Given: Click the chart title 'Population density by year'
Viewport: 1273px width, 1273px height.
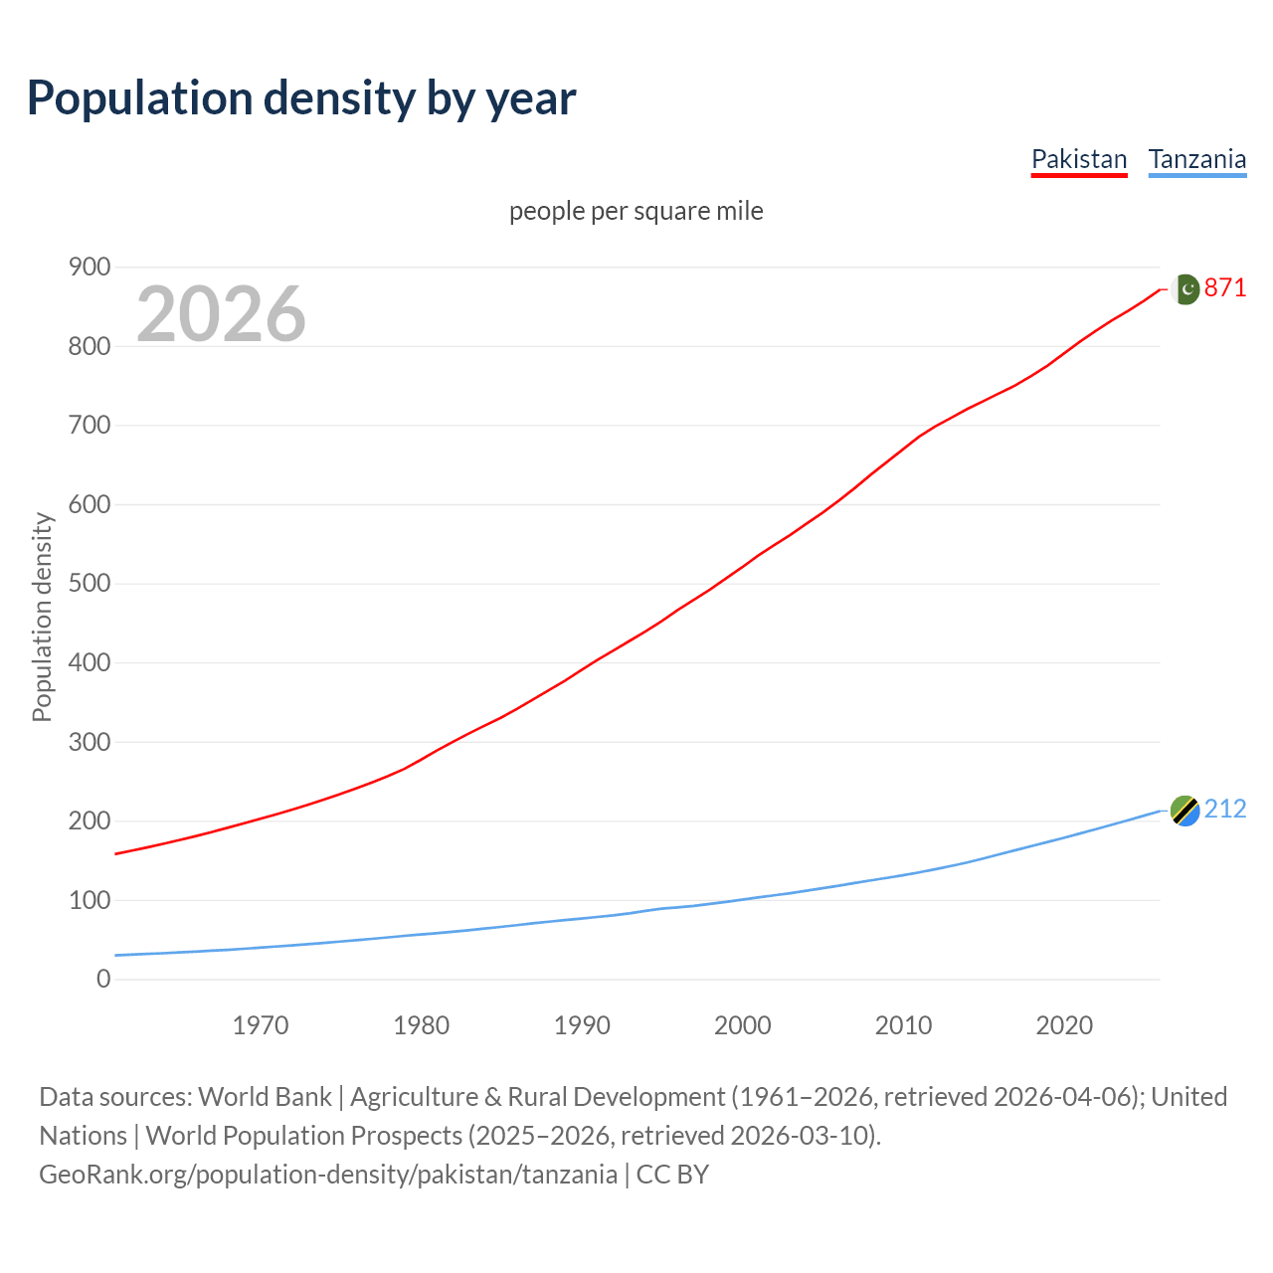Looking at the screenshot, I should coord(301,97).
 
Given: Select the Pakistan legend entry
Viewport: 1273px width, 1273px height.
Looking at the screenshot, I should coord(1079,159).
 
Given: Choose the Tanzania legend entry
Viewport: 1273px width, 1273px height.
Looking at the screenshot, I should coord(1196,159).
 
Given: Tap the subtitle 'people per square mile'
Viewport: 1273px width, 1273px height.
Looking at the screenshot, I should coord(636,211).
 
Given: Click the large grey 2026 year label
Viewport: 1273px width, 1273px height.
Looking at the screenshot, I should coord(221,314).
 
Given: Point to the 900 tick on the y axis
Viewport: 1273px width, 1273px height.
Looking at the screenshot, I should coord(90,267).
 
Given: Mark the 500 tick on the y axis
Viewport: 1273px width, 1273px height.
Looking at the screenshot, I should coord(90,583).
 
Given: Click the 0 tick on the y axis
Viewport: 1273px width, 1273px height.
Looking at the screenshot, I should coord(103,979).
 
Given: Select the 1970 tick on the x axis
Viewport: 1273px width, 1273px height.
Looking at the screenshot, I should coord(261,1024).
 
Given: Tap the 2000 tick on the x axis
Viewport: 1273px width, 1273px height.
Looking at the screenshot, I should coord(743,1024).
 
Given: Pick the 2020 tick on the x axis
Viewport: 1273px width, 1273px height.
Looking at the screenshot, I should coord(1064,1024).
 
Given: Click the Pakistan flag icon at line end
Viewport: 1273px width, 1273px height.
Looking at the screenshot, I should coord(1184,288).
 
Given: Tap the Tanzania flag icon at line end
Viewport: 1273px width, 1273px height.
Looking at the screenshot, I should coord(1184,811).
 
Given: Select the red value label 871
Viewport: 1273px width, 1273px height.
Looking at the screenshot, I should coord(1225,287).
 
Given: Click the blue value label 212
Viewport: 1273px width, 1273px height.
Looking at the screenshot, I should coord(1225,809).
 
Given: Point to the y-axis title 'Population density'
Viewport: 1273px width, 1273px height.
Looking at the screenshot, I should coord(42,617).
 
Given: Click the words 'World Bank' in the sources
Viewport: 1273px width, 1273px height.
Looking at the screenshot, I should coord(265,1096).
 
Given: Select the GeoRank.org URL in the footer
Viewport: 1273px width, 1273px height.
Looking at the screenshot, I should coord(328,1174).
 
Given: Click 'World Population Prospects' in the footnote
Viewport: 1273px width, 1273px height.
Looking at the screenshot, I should coord(304,1135).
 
